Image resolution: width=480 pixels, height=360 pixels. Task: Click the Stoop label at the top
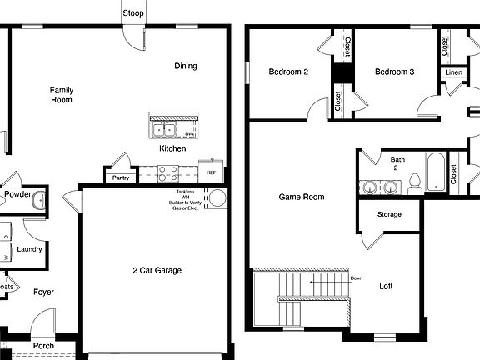coord(132,13)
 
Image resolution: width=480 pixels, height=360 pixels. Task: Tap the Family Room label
coord(61,95)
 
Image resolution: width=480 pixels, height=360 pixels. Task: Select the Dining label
coord(186,67)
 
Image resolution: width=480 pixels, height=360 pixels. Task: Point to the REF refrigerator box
coord(211,172)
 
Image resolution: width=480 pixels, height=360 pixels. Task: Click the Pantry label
coord(118,177)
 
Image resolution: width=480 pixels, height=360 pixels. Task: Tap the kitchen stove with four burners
coord(168,173)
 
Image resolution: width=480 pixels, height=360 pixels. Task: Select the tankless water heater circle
coord(217,197)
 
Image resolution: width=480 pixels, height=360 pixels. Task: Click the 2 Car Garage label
coord(157,270)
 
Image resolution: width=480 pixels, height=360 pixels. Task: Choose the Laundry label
coord(29,249)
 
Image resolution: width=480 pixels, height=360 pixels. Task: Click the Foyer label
coord(43,292)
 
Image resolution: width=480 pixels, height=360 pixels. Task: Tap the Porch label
coord(43,345)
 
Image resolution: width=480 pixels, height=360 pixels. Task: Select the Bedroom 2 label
coord(288,72)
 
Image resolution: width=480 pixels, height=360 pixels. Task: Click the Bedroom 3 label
coord(394,72)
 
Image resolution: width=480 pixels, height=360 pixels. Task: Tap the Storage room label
coord(389,215)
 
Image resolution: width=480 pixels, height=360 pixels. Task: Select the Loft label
coord(386,287)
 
